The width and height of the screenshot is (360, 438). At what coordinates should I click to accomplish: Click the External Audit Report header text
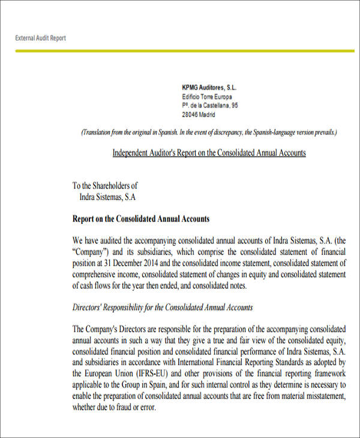click(x=40, y=38)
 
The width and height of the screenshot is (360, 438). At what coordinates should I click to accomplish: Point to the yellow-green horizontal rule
click(x=180, y=51)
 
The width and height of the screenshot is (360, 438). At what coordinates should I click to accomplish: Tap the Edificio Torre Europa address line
click(x=206, y=97)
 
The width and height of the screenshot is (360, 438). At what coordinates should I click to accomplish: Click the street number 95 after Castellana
click(x=234, y=105)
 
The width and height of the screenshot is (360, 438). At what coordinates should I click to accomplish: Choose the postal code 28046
click(x=191, y=114)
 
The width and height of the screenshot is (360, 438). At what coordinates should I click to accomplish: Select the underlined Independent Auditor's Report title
click(x=209, y=153)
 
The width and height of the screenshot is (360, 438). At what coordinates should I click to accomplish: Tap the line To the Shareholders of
click(x=105, y=186)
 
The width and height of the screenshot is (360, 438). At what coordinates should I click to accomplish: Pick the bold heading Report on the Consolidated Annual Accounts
click(x=140, y=219)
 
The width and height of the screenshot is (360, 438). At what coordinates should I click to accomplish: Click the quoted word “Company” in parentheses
click(x=92, y=251)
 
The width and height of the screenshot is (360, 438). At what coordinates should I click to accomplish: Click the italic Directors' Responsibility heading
click(x=162, y=308)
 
